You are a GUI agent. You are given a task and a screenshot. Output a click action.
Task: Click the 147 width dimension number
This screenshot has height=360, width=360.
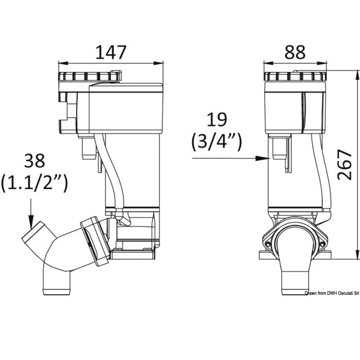point(111,53)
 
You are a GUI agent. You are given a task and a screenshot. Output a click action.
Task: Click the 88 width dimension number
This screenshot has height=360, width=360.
point(295,53)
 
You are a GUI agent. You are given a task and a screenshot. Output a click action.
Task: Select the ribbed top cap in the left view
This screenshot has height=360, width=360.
point(89,76)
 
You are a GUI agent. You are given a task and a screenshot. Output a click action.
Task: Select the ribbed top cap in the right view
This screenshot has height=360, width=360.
point(295,76)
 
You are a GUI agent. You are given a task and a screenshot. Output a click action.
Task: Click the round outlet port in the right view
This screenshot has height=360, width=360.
point(295,243)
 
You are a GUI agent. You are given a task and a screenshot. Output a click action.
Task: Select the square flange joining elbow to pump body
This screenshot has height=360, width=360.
point(95,240)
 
